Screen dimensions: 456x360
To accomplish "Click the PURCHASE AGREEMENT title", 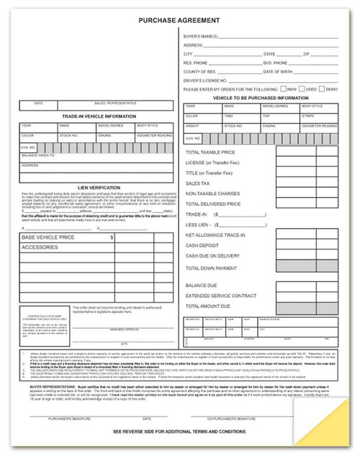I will click(x=179, y=21).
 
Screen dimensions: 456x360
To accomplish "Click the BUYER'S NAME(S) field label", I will click(x=201, y=35).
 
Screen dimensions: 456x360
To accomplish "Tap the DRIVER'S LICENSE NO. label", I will click(x=206, y=81).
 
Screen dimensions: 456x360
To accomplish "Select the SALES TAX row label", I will click(x=199, y=183).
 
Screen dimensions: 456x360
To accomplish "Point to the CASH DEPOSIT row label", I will click(x=203, y=245).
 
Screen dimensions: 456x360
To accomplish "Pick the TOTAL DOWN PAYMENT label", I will click(x=212, y=268).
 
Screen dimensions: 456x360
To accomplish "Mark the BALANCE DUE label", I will click(x=202, y=286).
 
